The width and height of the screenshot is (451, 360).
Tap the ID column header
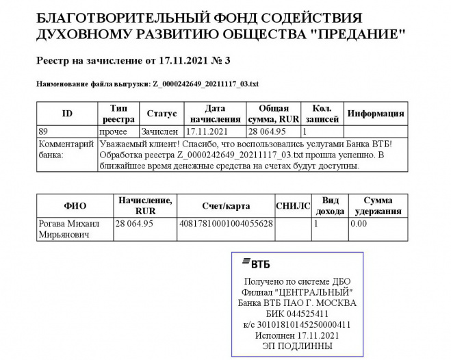click(67, 114)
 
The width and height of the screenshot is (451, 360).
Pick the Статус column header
click(162, 114)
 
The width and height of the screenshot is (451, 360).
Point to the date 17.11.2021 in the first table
click(206, 130)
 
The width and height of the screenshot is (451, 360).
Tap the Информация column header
click(376, 114)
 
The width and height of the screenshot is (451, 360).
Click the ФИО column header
click(75, 205)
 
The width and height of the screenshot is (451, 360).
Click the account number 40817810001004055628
click(225, 223)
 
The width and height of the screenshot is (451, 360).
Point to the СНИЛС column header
click(293, 205)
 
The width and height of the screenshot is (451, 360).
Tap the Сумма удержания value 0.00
click(359, 223)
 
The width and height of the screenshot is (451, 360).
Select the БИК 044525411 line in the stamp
click(296, 313)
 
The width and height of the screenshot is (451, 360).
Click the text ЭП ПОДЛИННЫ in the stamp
click(296, 346)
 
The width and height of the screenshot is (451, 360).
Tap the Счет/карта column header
click(225, 205)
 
